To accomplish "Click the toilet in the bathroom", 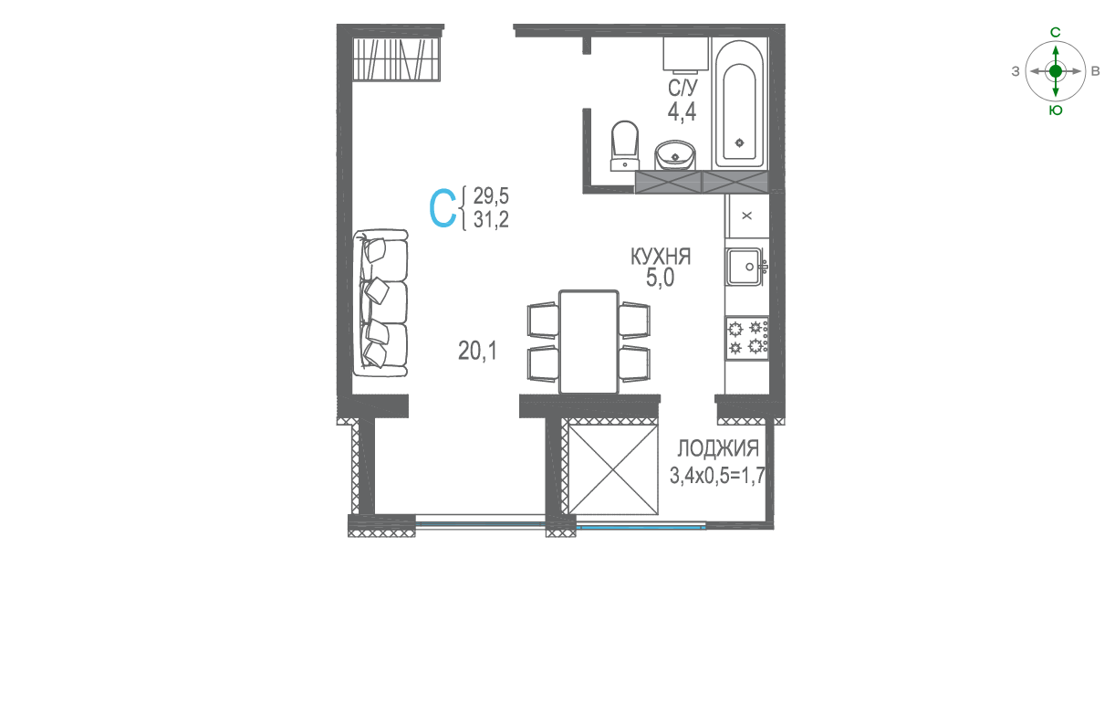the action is pos(625,145).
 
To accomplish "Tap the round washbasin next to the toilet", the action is pos(675,155).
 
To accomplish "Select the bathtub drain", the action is pos(740,143).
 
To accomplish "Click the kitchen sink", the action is pos(745,267).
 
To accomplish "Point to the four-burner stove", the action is pos(746,337).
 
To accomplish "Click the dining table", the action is pos(589,342).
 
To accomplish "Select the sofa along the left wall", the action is pos(380,303).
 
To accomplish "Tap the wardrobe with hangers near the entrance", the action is pos(397,58).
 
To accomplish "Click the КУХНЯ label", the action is pos(661,257).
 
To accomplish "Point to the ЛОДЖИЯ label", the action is pos(718,448).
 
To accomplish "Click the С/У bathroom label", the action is pos(683,89).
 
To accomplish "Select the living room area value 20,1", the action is pos(477,352).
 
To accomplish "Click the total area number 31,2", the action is pos(491,219).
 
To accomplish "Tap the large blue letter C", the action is pos(443,208).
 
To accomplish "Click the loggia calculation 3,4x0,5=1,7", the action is pos(717,476).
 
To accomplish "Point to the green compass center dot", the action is pos(1056,71).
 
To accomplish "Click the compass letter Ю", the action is pos(1056,110).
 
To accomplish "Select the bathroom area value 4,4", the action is pos(682,111).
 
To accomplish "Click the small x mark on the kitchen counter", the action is pos(746,216).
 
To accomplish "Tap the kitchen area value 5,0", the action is pos(660,278).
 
